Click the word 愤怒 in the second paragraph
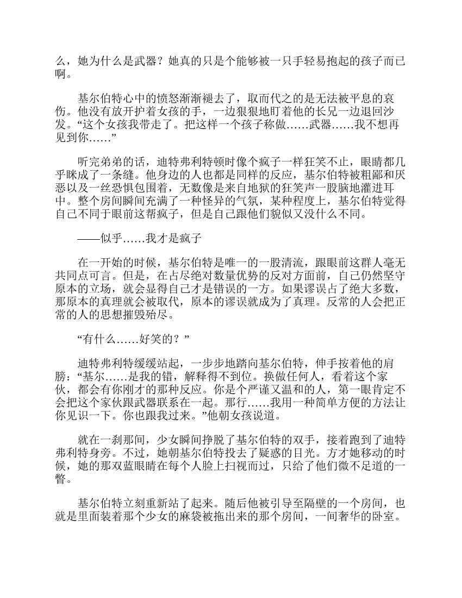pyautogui.click(x=161, y=98)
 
